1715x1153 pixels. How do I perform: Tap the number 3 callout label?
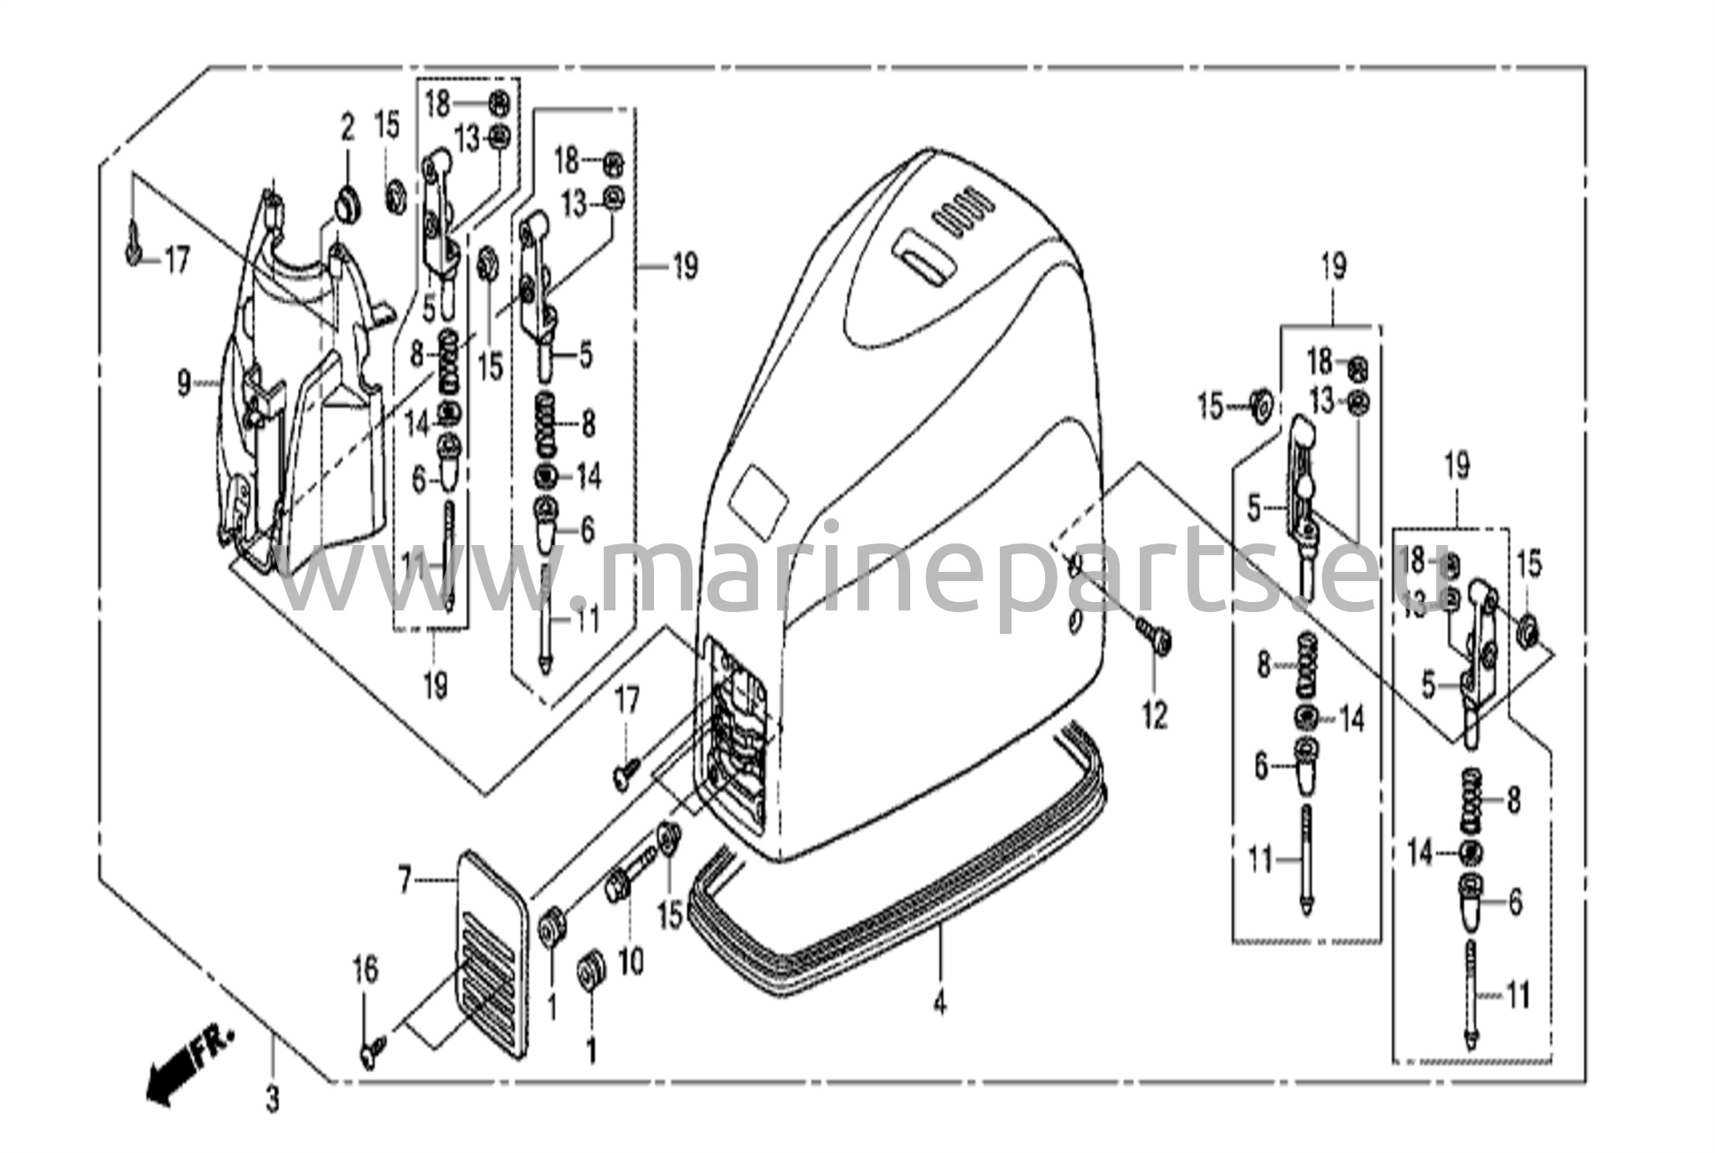click(x=272, y=1099)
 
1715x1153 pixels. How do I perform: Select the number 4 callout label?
click(x=940, y=1002)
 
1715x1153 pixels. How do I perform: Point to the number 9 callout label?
click(x=184, y=385)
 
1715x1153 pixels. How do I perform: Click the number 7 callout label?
click(x=404, y=880)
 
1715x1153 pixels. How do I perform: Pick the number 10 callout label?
click(x=631, y=961)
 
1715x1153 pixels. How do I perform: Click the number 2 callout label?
click(x=347, y=128)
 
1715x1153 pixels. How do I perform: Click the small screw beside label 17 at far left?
click(x=134, y=249)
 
